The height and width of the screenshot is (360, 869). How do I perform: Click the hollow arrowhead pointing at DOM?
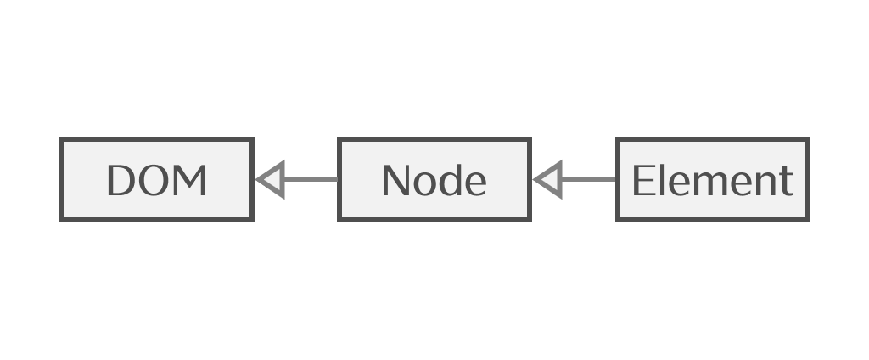270,180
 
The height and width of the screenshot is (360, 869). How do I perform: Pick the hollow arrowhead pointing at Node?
547,180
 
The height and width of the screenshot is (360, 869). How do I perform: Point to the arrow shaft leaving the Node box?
311,180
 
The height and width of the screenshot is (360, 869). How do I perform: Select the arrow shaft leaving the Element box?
588,180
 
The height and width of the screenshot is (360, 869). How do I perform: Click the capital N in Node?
397,181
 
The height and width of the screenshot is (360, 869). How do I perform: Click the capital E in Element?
642,181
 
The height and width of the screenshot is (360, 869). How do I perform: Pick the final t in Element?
787,182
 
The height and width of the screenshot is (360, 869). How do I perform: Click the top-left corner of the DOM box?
61,139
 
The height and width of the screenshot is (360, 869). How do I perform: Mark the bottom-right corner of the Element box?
808,220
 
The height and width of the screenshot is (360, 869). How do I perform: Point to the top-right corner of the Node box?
530,139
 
